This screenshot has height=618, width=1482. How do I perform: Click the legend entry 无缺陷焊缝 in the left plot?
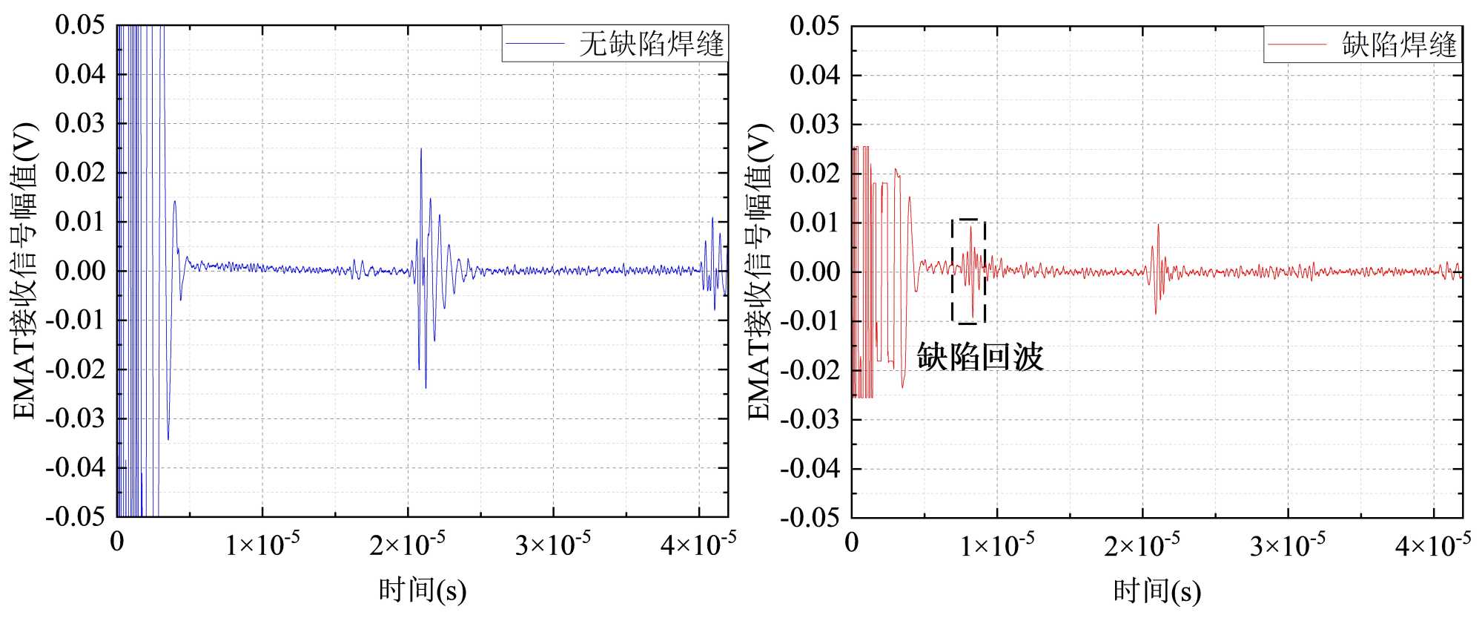click(x=650, y=44)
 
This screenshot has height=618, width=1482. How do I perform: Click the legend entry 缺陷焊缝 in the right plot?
click(x=1399, y=45)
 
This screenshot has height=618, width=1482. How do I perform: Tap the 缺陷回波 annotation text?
click(x=979, y=357)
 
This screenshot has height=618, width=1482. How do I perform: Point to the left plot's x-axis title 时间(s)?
click(x=423, y=591)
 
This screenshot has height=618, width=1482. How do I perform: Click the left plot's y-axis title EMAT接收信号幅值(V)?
click(x=24, y=271)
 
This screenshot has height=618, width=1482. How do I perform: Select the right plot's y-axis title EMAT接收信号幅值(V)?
click(x=759, y=272)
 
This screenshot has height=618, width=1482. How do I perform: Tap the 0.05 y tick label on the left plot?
click(x=80, y=25)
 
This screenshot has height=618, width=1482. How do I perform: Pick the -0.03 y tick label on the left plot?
click(x=76, y=418)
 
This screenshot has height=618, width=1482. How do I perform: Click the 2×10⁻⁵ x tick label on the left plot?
click(x=407, y=545)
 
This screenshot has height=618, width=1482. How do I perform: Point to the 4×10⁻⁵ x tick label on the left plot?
click(x=698, y=545)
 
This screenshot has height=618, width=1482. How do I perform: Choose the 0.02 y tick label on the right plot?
click(x=814, y=174)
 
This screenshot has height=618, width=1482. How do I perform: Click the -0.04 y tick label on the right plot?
click(x=810, y=469)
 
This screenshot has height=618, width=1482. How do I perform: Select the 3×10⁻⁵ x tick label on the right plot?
click(x=1287, y=546)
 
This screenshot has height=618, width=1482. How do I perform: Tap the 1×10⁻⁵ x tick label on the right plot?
click(x=996, y=546)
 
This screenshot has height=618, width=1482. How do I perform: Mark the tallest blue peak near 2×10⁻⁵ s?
click(x=421, y=150)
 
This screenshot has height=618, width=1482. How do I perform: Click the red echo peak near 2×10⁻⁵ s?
click(x=1158, y=226)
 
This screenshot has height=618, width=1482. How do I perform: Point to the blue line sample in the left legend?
click(x=535, y=44)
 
